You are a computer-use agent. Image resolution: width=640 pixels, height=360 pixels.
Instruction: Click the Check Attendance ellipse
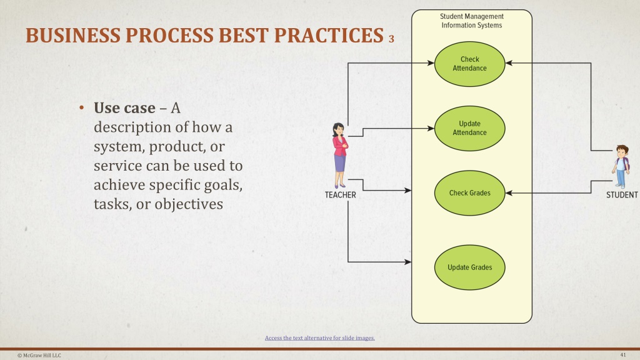pyautogui.click(x=470, y=64)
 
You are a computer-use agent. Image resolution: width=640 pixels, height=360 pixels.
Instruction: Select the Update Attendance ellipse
pyautogui.click(x=470, y=128)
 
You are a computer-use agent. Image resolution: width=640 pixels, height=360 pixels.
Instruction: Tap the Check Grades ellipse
pyautogui.click(x=470, y=192)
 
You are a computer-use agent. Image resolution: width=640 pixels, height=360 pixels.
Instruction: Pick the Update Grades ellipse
pyautogui.click(x=470, y=267)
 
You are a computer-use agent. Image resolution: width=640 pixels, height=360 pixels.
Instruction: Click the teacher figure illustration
pyautogui.click(x=340, y=155)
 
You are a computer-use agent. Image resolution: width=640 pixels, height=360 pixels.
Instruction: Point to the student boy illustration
pyautogui.click(x=621, y=166)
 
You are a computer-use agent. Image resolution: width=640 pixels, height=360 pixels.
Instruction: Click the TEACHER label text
pyautogui.click(x=341, y=195)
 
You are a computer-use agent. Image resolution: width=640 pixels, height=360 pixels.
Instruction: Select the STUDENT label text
pyautogui.click(x=622, y=195)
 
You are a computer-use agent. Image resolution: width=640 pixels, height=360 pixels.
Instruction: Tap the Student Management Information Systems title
pyautogui.click(x=472, y=21)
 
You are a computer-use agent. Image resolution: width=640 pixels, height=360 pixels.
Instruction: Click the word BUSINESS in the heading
pyautogui.click(x=73, y=36)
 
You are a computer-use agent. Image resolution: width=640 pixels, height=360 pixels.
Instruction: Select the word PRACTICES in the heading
pyautogui.click(x=329, y=36)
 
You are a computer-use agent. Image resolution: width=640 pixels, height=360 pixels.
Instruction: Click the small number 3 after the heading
pyautogui.click(x=391, y=39)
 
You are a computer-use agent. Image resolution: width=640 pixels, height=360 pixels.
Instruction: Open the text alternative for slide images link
pyautogui.click(x=319, y=338)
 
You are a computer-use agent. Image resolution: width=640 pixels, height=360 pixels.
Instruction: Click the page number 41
pyautogui.click(x=623, y=355)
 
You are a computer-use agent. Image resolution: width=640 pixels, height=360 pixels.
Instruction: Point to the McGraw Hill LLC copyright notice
pyautogui.click(x=39, y=356)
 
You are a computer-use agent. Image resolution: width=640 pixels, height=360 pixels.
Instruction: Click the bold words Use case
pyautogui.click(x=124, y=108)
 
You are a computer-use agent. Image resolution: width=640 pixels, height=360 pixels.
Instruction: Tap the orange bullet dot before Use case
pyautogui.click(x=82, y=107)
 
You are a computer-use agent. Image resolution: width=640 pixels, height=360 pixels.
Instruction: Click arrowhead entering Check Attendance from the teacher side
pyautogui.click(x=431, y=63)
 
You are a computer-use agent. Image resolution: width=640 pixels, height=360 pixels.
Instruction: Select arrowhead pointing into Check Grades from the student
pyautogui.click(x=509, y=193)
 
